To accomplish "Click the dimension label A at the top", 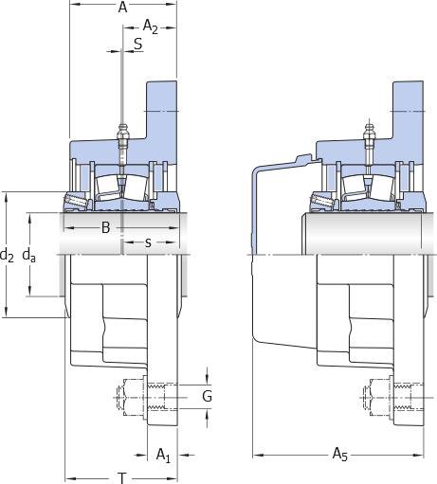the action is tap(122, 7).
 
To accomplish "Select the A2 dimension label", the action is tap(150, 27).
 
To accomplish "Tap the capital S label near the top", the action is tap(138, 45).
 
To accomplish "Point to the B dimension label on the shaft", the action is tap(106, 227).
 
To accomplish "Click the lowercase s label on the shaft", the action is tap(148, 242).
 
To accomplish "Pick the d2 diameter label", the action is tap(7, 255).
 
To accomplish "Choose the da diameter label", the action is tap(29, 255).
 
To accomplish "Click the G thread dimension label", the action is tap(207, 396).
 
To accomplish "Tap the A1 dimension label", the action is tap(163, 456).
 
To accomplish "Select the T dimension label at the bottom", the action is tap(122, 478).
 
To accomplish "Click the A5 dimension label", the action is tap(340, 455).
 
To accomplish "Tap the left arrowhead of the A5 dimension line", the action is tap(259, 455).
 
